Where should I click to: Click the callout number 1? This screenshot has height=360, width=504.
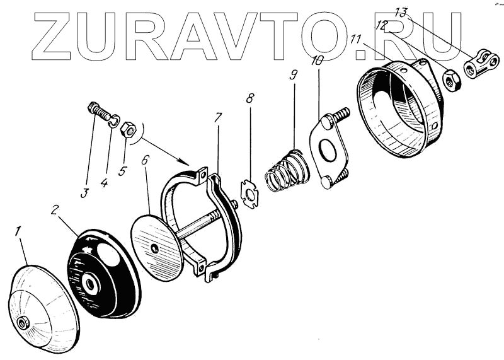pos(19,233)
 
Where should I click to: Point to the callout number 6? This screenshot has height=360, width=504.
pos(146,160)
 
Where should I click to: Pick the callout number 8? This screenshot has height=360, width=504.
pos(250,98)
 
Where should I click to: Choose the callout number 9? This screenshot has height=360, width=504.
pos(292,74)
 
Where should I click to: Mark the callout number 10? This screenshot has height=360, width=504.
pos(317,61)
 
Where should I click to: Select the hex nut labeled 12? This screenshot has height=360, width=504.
pos(451,80)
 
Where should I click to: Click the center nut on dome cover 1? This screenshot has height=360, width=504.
pos(24,323)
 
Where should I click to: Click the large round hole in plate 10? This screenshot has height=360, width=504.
pos(326,151)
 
